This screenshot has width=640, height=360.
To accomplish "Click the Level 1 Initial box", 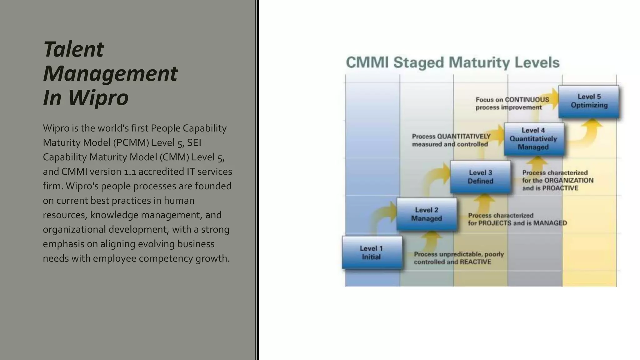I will (x=372, y=252).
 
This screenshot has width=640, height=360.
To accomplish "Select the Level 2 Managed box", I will (x=427, y=214).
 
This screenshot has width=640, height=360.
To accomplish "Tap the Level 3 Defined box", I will (x=480, y=177).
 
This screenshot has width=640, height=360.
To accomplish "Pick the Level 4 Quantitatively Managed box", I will (x=534, y=139).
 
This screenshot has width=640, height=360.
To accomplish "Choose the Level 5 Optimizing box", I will (x=589, y=101).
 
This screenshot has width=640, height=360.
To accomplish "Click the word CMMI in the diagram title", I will (x=367, y=62).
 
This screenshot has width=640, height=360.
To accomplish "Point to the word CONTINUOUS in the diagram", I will (x=527, y=100).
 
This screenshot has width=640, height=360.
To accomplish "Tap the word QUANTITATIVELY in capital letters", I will (x=464, y=137).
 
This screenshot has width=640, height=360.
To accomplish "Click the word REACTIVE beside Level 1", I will (x=475, y=262).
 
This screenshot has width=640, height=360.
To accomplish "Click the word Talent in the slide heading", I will (x=73, y=49).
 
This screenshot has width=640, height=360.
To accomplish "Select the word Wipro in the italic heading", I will (x=98, y=97).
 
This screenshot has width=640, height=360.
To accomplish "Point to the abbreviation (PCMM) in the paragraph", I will (x=131, y=142).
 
